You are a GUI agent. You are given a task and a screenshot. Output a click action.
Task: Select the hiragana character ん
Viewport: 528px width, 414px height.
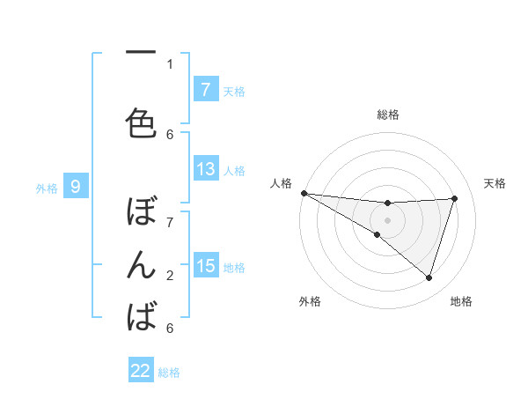(x=141, y=265)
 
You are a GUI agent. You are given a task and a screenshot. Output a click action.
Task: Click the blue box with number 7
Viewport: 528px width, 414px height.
(x=205, y=90)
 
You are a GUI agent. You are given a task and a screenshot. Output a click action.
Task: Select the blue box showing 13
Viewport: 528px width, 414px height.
(x=205, y=169)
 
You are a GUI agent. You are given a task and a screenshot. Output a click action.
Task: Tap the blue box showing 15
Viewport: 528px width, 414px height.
(x=205, y=266)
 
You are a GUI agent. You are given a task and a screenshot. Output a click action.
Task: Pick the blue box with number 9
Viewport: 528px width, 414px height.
(x=76, y=187)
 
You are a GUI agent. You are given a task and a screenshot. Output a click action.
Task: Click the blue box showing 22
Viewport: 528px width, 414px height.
(x=141, y=372)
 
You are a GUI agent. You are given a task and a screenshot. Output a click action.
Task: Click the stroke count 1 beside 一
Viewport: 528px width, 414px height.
(x=170, y=64)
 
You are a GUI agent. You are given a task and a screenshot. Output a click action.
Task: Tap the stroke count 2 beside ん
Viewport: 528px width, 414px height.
(x=170, y=276)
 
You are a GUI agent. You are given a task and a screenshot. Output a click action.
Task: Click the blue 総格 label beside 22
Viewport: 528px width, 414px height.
(x=169, y=373)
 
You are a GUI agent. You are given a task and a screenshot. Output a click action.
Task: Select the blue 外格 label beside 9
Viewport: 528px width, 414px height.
(x=47, y=188)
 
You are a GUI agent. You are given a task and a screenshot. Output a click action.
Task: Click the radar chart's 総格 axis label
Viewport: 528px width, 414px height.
(x=387, y=115)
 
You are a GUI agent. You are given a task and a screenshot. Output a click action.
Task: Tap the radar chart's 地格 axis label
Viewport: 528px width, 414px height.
(x=461, y=301)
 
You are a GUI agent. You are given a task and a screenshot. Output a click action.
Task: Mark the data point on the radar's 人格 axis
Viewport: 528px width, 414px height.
(x=304, y=193)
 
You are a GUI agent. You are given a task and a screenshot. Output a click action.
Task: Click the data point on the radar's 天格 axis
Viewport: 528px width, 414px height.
(x=455, y=198)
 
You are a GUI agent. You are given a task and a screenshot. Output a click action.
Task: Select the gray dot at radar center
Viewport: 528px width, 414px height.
(x=387, y=219)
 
